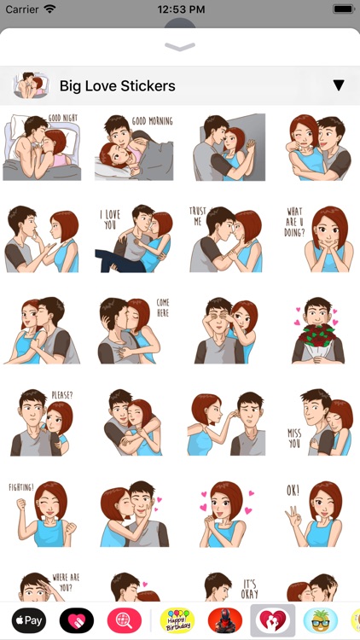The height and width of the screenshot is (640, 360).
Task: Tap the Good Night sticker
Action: coord(42,147)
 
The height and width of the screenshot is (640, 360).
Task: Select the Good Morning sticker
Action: coord(133,147)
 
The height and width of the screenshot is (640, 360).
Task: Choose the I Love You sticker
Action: coord(133,239)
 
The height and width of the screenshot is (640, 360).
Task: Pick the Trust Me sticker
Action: coord(226,239)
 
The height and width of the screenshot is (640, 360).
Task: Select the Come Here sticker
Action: coord(133,331)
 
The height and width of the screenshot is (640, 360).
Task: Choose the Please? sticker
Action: coord(42,422)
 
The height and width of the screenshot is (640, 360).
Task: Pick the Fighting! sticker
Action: coord(42,515)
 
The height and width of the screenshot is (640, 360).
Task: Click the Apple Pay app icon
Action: coord(28,620)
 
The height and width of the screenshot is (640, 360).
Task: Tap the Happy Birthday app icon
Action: coord(177,620)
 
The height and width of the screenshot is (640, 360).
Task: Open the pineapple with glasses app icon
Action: coord(320,620)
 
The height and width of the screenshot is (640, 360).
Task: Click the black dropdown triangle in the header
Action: coord(339,85)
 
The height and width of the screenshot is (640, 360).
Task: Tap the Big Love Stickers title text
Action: coord(117,85)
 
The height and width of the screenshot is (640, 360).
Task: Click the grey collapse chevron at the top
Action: coord(180,47)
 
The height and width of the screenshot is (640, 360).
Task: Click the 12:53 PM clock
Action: coord(180,9)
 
